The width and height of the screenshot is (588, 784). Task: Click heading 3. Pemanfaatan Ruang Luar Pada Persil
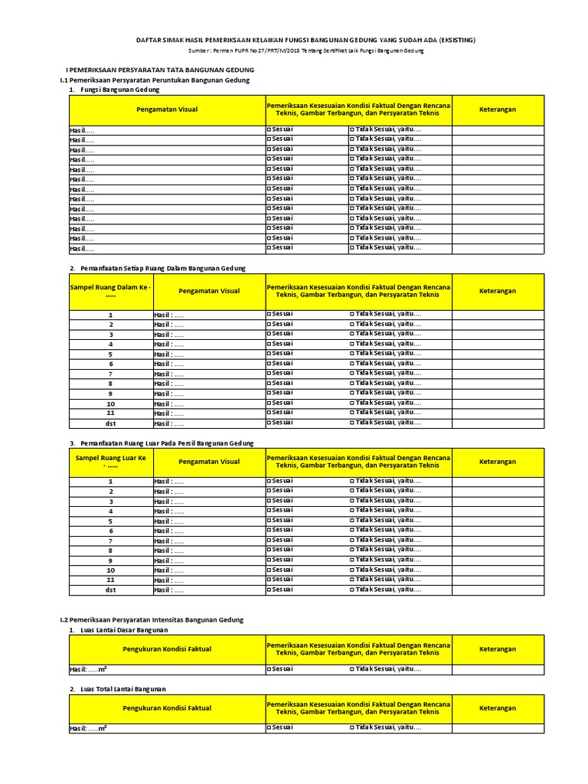click(161, 443)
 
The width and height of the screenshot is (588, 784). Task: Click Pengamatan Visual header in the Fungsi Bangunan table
click(167, 109)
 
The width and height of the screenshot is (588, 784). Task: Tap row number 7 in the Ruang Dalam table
click(110, 374)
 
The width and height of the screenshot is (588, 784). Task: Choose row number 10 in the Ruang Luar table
click(110, 570)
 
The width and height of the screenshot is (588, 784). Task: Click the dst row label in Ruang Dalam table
click(110, 423)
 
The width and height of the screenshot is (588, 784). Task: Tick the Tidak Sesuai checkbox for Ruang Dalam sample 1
click(352, 314)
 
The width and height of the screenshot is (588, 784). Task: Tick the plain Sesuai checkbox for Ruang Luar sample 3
click(269, 501)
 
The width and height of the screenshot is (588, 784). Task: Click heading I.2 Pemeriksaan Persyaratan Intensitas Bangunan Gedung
click(152, 619)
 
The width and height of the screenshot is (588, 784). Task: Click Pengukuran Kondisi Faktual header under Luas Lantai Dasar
click(167, 649)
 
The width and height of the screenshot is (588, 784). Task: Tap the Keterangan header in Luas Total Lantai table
click(498, 708)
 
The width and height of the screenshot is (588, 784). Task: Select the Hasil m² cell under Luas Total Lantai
click(89, 729)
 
